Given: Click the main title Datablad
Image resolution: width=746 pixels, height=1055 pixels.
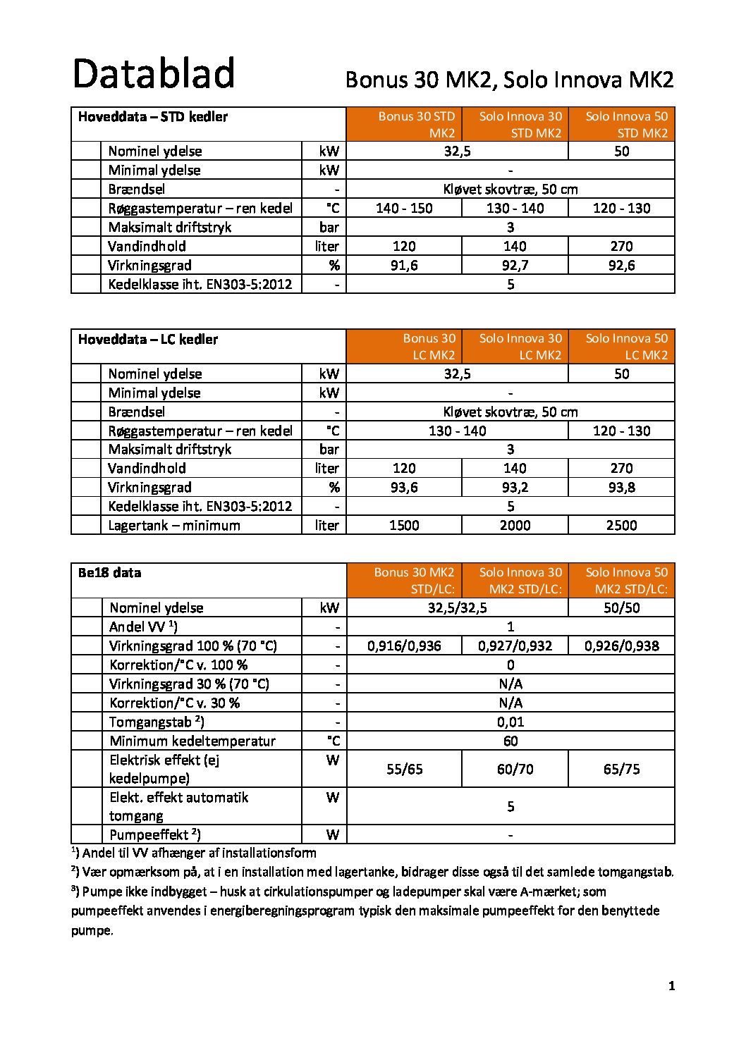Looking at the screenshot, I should (x=154, y=74).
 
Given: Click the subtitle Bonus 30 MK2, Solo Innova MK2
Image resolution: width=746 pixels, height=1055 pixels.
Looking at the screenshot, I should (x=509, y=80).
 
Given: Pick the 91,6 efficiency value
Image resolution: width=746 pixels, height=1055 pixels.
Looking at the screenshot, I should (x=404, y=265).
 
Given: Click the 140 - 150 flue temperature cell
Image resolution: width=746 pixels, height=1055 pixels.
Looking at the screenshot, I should (x=404, y=208).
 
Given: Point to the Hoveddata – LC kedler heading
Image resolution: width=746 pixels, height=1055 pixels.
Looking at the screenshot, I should (x=148, y=340).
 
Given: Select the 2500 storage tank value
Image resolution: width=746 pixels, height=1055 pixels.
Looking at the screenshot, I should (x=621, y=525).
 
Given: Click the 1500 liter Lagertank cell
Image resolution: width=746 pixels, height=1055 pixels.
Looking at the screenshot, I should (x=404, y=525).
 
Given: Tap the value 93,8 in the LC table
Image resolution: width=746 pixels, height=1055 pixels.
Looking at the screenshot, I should (x=621, y=487).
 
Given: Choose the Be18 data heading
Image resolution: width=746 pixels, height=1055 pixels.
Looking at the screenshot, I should (x=109, y=573).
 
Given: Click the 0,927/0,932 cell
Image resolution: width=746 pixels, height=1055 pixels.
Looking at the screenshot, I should (x=515, y=646).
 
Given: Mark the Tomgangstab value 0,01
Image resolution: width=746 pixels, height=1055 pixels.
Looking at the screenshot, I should (x=510, y=722).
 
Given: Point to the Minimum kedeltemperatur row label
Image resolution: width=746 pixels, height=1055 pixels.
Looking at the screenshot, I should (x=192, y=741).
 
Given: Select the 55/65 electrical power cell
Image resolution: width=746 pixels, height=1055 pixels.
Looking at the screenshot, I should (x=405, y=769).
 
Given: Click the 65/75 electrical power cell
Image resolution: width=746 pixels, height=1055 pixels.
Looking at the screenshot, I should (x=621, y=769).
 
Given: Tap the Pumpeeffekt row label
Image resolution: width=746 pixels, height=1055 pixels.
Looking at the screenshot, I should (x=155, y=834).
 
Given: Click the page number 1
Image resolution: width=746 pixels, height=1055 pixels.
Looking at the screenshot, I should (x=671, y=986).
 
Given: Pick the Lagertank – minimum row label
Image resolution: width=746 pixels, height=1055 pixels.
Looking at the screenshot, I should (x=174, y=525).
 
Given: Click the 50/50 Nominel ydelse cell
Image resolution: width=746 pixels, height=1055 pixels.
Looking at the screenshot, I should (x=621, y=607).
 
